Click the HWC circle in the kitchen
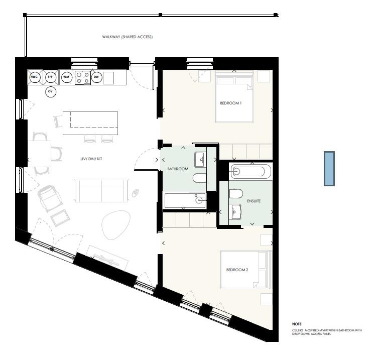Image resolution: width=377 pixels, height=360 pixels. (35, 77)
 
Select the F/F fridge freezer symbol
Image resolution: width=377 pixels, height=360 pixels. (50, 77)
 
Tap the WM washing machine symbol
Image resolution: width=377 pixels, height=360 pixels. (66, 77)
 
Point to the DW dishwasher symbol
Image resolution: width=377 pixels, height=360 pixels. (96, 77)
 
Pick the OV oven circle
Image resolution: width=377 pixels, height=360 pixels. (50, 91)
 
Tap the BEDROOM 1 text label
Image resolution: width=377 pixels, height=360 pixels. (231, 103)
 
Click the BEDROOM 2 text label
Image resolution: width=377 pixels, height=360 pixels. (237, 270)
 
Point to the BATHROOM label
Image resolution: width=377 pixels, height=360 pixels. (178, 169)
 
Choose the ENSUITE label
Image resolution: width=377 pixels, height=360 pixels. (254, 201)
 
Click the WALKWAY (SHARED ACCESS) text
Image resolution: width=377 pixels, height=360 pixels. (127, 37)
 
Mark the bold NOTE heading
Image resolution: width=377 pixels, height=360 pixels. (297, 324)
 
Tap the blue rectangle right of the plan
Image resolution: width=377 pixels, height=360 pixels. (329, 168)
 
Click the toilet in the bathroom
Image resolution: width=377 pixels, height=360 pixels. (199, 178)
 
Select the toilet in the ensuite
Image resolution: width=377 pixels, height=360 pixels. (236, 194)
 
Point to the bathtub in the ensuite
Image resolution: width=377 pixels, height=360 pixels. (250, 171)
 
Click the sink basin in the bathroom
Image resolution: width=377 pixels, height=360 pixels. (200, 159)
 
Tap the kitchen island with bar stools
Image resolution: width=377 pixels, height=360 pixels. (90, 123)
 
